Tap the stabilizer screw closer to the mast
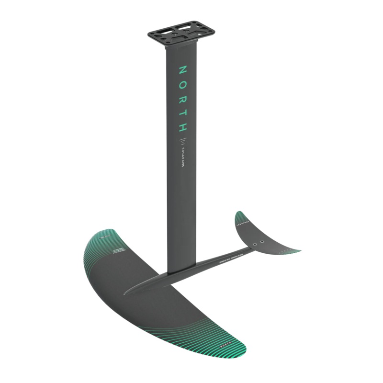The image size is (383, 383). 256,244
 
